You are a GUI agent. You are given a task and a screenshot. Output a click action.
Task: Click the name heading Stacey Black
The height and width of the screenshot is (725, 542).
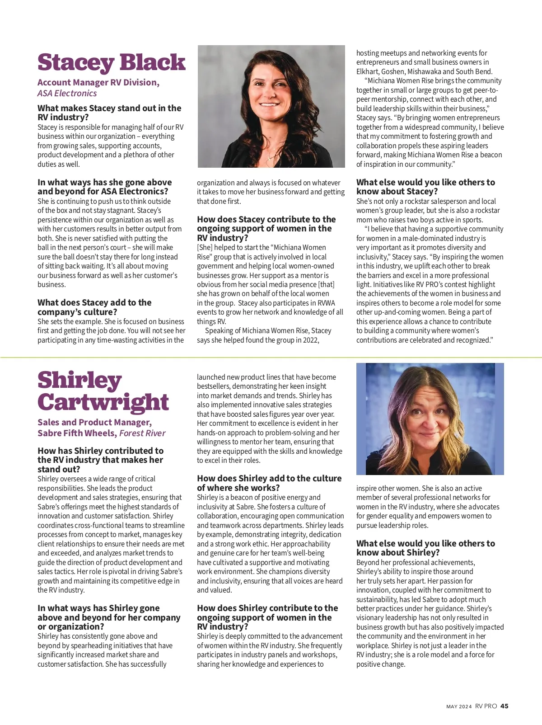point(111,62)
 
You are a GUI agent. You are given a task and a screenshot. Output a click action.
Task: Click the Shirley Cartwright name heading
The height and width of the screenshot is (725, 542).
point(103,391)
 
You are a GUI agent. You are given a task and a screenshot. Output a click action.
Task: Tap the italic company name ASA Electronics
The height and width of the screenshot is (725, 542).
point(67,94)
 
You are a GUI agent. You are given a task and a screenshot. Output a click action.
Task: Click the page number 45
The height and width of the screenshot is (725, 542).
point(505,706)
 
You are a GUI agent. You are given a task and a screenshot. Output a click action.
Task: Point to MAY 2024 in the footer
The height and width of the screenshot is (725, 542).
point(459,706)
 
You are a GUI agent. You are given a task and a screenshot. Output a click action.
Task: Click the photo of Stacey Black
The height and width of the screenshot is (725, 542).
point(271,106)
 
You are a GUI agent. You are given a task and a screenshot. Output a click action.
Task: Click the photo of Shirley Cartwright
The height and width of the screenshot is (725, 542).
point(430,419)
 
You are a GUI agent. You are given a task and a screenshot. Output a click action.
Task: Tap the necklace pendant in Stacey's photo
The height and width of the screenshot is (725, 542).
point(270,159)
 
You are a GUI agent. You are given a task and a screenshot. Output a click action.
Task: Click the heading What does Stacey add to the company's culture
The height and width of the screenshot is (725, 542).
point(94,307)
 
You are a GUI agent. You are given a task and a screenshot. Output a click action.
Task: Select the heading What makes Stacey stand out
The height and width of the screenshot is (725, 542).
point(109,113)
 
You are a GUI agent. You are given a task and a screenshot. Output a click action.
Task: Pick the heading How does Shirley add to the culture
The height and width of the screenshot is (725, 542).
point(269,483)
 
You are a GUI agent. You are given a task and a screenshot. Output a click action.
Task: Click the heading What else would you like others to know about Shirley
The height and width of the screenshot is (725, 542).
point(425,548)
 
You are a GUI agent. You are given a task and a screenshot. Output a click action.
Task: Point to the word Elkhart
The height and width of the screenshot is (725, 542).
point(367,71)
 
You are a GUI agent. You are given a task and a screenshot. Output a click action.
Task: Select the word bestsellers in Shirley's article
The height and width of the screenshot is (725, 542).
point(215,386)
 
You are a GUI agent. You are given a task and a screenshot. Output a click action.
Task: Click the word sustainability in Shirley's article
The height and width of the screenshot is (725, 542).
point(377,599)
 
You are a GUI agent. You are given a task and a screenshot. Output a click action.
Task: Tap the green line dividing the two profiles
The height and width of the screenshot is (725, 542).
point(271,358)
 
